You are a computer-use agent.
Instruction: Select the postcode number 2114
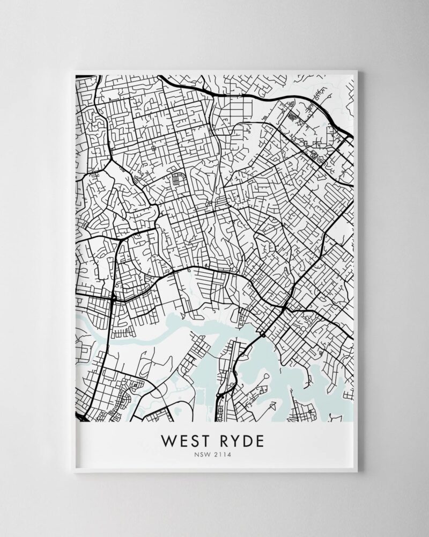(x=224, y=456)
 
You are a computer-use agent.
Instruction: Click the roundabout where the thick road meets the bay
(x=263, y=335)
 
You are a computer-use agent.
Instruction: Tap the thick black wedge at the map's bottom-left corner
(x=79, y=417)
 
